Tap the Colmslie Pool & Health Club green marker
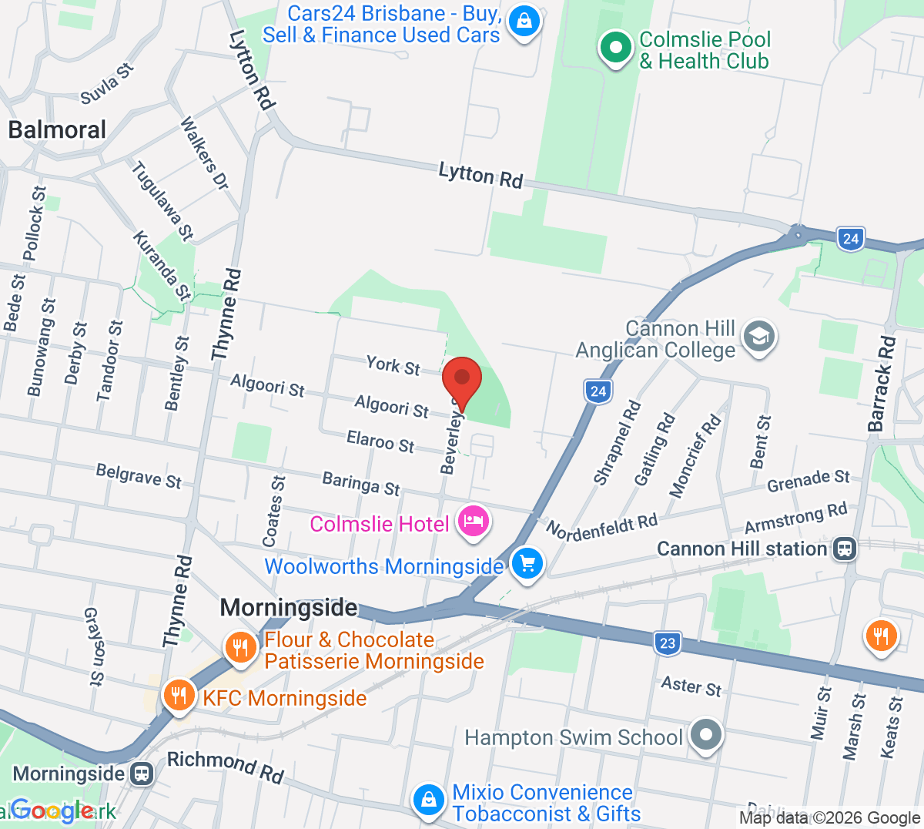[x=615, y=48]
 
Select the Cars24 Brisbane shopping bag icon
[x=524, y=22]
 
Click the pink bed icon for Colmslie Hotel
[x=473, y=522]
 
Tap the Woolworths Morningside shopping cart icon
[x=527, y=564]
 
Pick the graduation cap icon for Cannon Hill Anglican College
[x=759, y=337]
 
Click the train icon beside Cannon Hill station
[x=845, y=549]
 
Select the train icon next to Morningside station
[x=142, y=774]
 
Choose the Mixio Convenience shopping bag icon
[x=427, y=800]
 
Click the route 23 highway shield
[x=667, y=643]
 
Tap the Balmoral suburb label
[x=57, y=129]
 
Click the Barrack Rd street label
[x=882, y=384]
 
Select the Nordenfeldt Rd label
[x=601, y=527]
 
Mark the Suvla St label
[x=107, y=84]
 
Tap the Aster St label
[x=691, y=686]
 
